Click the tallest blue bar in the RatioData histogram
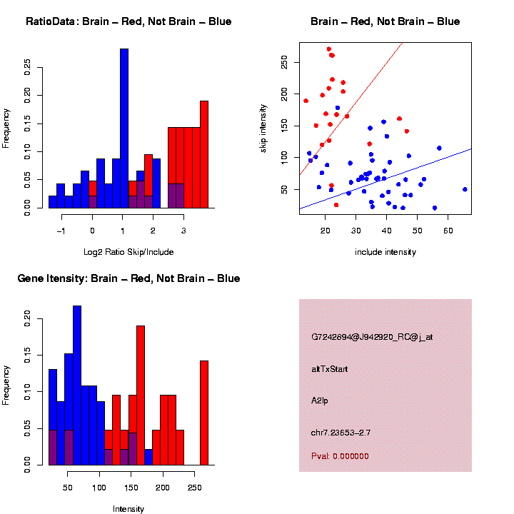point(124,128)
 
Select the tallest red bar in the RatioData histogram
point(204,153)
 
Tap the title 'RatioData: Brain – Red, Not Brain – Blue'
point(128,21)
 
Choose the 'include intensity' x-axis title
point(385,251)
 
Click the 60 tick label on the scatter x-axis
point(448,230)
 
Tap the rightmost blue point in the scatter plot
point(465,189)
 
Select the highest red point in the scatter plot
point(328,49)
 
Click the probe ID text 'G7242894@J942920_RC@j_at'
point(371,337)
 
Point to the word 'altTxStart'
point(329,369)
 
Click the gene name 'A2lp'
point(320,401)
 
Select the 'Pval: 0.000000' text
point(340,456)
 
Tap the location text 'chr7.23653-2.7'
point(341,433)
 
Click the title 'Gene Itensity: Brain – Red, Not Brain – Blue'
point(128,278)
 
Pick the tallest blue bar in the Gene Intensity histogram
point(77,385)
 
